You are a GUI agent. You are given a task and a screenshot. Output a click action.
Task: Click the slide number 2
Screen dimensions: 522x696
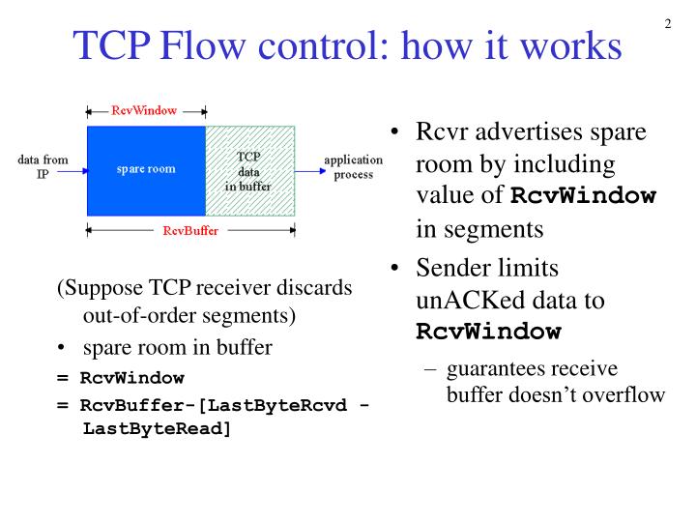[668, 24]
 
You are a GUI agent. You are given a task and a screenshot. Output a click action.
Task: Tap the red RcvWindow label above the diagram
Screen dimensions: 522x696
[144, 110]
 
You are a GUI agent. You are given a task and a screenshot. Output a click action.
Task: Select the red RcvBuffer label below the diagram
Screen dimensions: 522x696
[190, 232]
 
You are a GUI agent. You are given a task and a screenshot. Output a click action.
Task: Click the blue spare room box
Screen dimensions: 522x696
[146, 170]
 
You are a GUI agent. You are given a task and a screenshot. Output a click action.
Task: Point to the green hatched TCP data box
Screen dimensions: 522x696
[249, 170]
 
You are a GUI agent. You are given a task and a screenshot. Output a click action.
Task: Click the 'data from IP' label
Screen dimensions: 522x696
[42, 167]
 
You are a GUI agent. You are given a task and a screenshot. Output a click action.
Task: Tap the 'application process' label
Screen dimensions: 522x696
[353, 167]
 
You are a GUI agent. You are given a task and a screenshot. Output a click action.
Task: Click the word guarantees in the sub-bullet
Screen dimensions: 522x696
[494, 368]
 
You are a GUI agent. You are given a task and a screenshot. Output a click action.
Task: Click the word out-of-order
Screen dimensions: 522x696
[136, 315]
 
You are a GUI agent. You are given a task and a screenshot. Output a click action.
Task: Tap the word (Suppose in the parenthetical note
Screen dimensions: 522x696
[95, 289]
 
